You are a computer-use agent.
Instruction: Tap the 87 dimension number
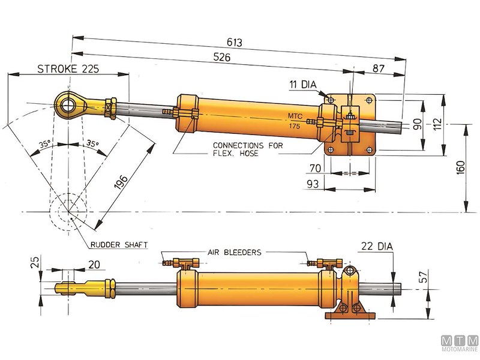(379, 69)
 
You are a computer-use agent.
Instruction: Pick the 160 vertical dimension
(461, 168)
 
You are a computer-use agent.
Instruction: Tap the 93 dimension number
(313, 185)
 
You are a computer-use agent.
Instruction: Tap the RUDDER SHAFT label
(119, 244)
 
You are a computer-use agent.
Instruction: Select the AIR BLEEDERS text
(235, 253)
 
